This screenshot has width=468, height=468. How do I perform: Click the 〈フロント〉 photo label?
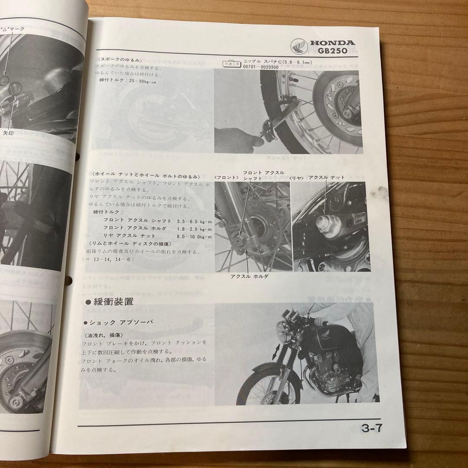226,177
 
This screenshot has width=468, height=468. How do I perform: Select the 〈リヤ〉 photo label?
297,177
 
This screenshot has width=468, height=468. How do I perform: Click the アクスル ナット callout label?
326,177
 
